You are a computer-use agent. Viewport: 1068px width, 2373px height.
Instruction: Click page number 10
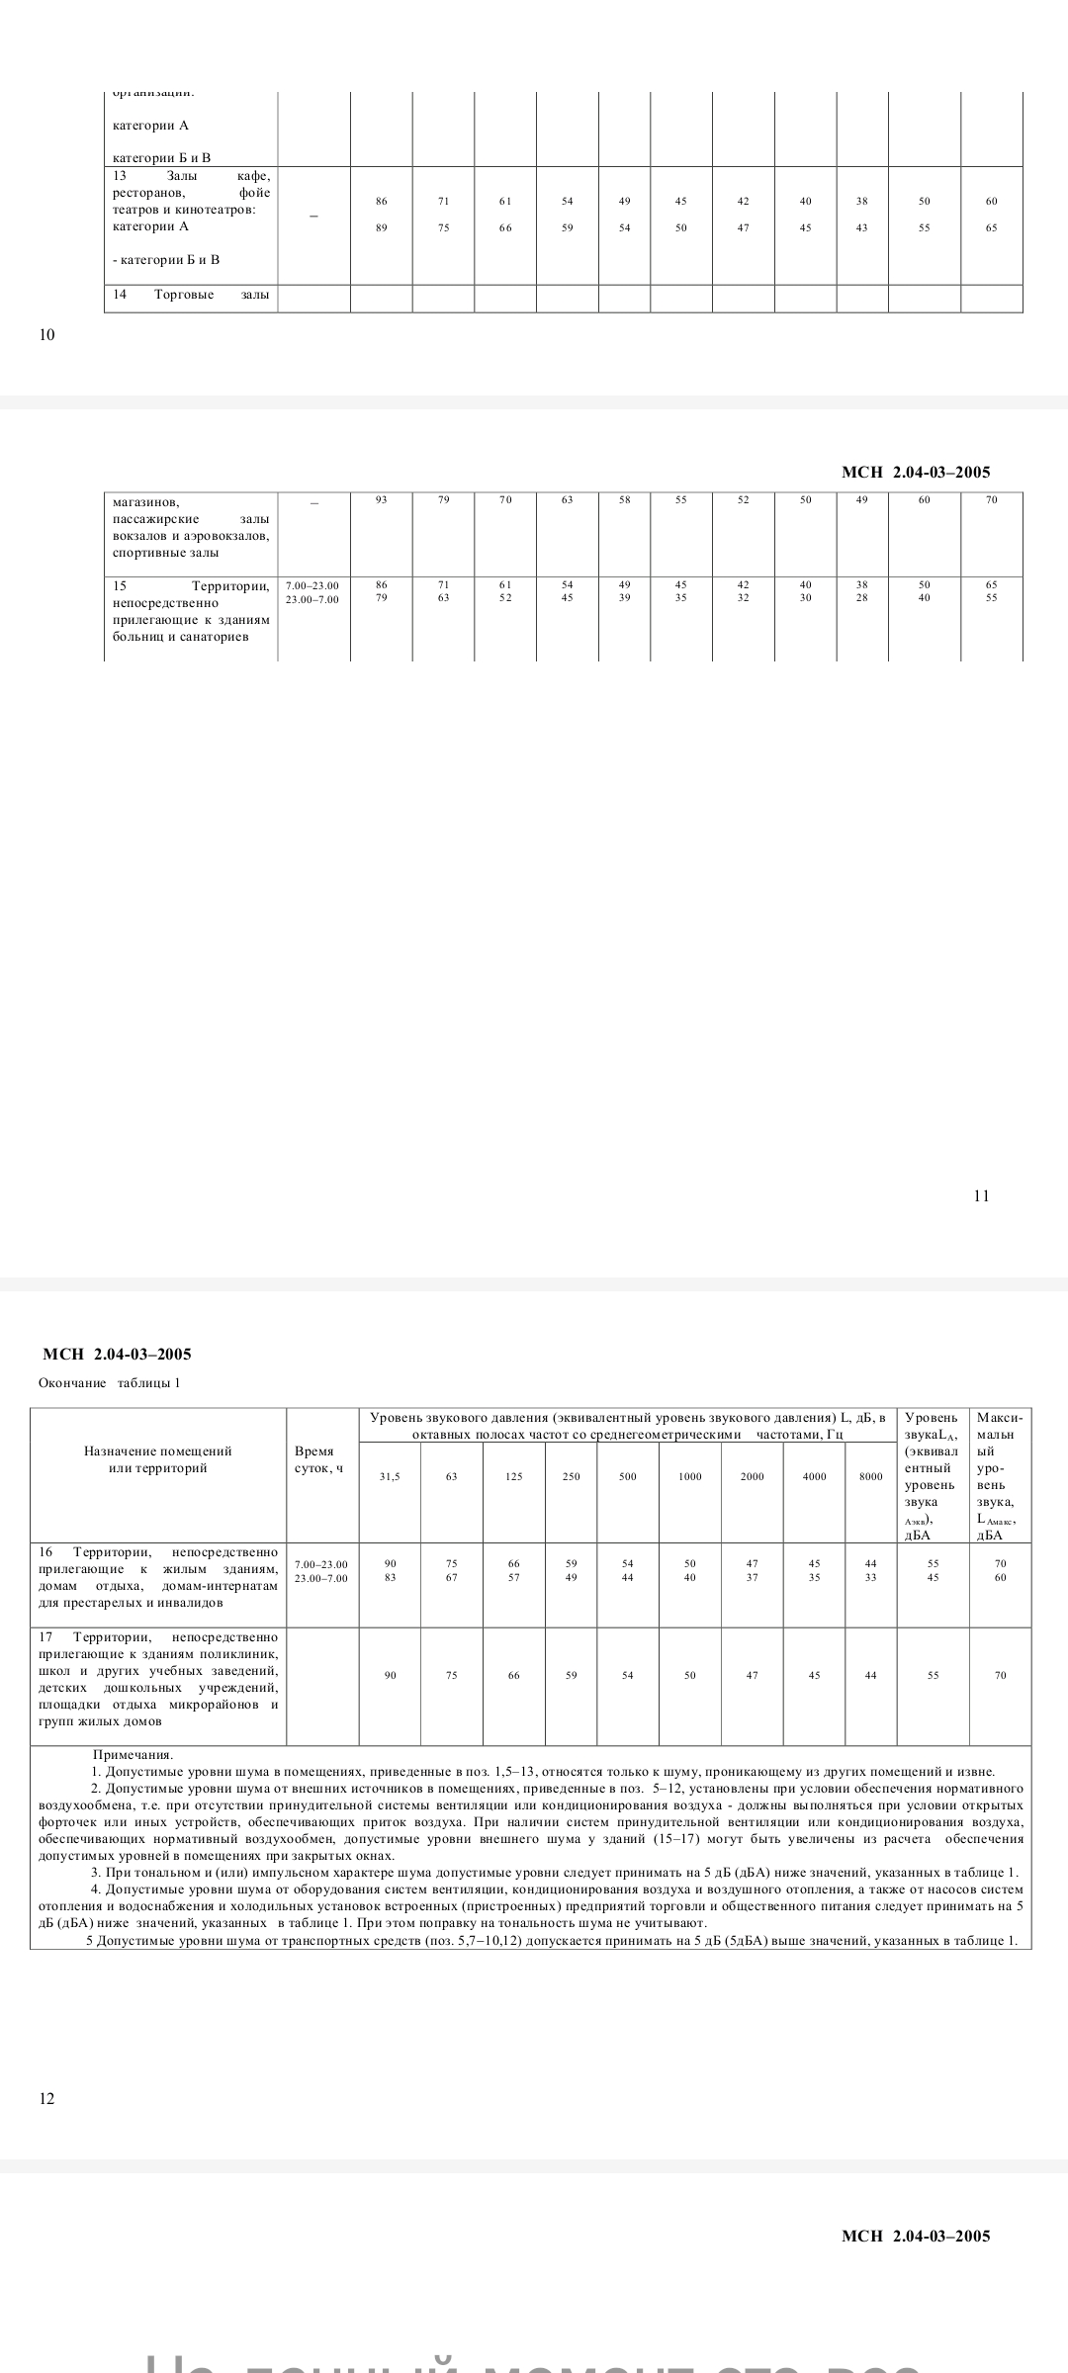[x=47, y=334]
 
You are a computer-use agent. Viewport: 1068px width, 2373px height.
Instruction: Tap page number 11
[x=981, y=1195]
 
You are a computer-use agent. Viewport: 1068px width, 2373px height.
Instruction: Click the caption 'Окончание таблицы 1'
[x=110, y=1382]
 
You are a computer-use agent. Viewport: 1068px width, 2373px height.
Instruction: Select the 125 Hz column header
[x=514, y=1476]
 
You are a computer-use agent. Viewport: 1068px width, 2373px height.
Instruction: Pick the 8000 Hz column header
[x=870, y=1476]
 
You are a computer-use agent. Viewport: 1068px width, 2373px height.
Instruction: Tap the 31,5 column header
[x=391, y=1476]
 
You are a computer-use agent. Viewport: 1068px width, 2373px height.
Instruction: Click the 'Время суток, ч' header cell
[x=319, y=1459]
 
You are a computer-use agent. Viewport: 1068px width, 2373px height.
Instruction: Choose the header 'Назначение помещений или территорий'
[x=158, y=1459]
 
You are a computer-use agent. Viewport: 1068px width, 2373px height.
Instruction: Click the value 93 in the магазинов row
[x=382, y=500]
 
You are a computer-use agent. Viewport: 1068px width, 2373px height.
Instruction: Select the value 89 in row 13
[x=382, y=228]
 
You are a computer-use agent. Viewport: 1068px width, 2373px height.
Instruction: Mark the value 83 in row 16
[x=391, y=1577]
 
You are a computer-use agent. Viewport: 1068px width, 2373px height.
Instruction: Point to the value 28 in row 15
[x=862, y=598]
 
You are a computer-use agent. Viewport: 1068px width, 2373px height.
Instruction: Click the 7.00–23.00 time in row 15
[x=312, y=585]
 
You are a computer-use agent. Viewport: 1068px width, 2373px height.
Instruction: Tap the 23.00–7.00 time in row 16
[x=321, y=1578]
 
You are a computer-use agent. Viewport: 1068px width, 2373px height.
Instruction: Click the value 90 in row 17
[x=391, y=1675]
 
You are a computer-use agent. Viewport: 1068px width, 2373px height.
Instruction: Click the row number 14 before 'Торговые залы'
[x=120, y=295]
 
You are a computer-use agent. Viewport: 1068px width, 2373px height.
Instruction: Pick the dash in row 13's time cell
[x=313, y=215]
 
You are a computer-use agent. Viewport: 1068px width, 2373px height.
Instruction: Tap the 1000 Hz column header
[x=690, y=1476]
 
